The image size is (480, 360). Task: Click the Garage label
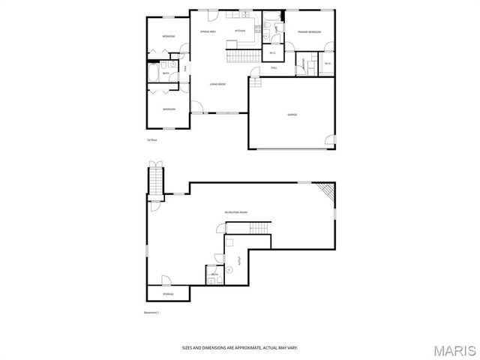point(292,115)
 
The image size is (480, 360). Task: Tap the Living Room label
point(217,84)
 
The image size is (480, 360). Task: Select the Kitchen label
point(240,31)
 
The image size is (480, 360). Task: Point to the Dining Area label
point(208,31)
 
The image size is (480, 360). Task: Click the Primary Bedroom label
point(309,32)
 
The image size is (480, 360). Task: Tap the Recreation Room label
point(235,213)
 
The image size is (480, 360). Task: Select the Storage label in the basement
point(168,294)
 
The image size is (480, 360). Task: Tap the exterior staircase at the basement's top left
point(155,180)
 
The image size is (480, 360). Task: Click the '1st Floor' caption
point(151,139)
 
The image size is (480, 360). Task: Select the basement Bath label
point(214,275)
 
